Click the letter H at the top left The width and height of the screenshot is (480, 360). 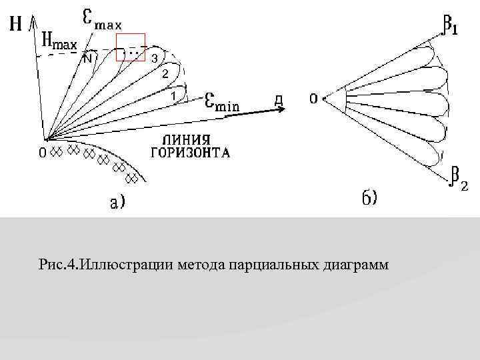15,25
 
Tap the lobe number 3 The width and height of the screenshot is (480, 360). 154,59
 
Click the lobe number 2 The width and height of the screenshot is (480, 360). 165,74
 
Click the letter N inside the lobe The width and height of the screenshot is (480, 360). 87,58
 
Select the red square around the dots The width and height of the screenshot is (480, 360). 131,47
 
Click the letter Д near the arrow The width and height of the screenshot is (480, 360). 281,101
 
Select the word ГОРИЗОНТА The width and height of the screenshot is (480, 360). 191,153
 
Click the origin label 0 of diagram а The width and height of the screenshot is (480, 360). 41,153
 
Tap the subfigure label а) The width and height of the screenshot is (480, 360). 116,201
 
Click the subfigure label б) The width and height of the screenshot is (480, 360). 369,199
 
